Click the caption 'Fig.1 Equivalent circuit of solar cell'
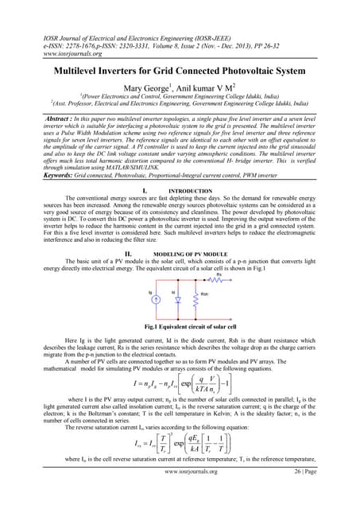point(180,305)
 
